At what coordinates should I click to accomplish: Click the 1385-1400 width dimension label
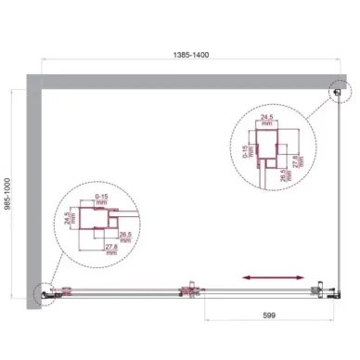[x=181, y=55]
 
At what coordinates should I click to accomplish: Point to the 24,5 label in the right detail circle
[x=267, y=119]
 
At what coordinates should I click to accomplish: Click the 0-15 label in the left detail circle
[x=103, y=196]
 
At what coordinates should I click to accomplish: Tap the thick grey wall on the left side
[x=32, y=186]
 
